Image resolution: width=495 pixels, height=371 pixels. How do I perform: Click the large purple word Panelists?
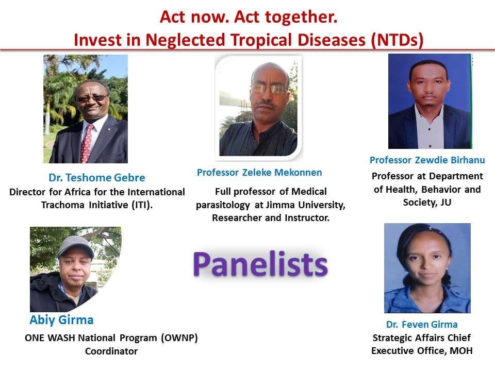[x=260, y=264]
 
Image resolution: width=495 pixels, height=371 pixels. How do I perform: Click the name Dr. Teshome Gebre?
[x=97, y=178]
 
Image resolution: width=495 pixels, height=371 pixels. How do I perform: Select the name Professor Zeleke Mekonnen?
[x=259, y=173]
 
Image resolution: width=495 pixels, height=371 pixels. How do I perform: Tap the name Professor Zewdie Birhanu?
[x=427, y=160]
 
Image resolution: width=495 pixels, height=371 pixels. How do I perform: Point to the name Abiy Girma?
[x=61, y=320]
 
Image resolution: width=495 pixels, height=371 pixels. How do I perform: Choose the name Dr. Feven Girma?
[x=422, y=325]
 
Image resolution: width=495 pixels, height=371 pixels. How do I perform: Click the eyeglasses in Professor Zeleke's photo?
[x=269, y=88]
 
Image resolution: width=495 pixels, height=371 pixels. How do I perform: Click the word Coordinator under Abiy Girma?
[x=111, y=351]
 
